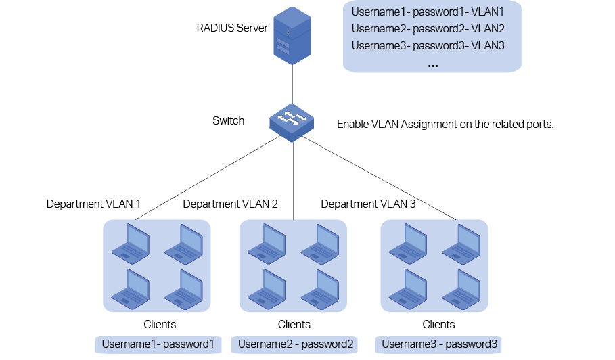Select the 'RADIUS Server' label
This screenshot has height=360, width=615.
[x=232, y=28]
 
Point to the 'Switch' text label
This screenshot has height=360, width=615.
[x=229, y=121]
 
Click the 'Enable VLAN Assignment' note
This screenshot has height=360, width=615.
[x=445, y=125]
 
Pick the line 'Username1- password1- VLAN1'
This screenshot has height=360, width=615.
[x=428, y=12]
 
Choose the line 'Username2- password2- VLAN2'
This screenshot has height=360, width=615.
[x=428, y=29]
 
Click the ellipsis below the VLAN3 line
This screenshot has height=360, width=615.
[x=433, y=64]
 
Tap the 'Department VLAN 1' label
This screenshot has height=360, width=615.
[x=93, y=204]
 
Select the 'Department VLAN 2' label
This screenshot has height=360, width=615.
[x=230, y=204]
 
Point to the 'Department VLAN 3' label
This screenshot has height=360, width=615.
[x=368, y=204]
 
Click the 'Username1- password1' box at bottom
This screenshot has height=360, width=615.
[x=158, y=344]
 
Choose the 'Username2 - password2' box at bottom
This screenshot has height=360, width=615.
[x=296, y=344]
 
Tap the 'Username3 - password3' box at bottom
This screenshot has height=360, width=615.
[x=439, y=344]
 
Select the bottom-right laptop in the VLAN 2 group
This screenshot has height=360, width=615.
[x=319, y=288]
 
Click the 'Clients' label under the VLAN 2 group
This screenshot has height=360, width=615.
[x=294, y=324]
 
